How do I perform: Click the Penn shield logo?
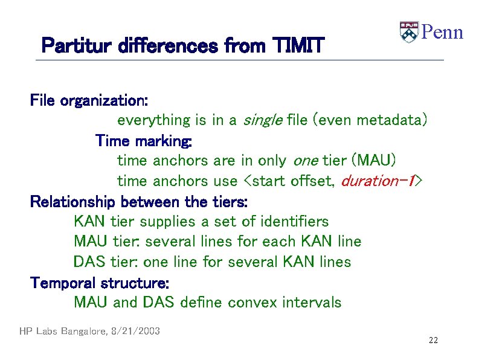pos(409,32)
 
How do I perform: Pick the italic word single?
pos(262,120)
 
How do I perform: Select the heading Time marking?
pos(144,141)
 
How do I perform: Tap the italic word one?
pos(306,161)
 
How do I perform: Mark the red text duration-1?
pos(378,181)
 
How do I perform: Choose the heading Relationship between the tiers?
pos(139,201)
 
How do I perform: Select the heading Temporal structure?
pos(100,283)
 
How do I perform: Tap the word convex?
pos(254,302)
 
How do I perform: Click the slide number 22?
pos(433,341)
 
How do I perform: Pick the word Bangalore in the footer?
pos(80,331)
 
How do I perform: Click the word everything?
pos(153,120)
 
